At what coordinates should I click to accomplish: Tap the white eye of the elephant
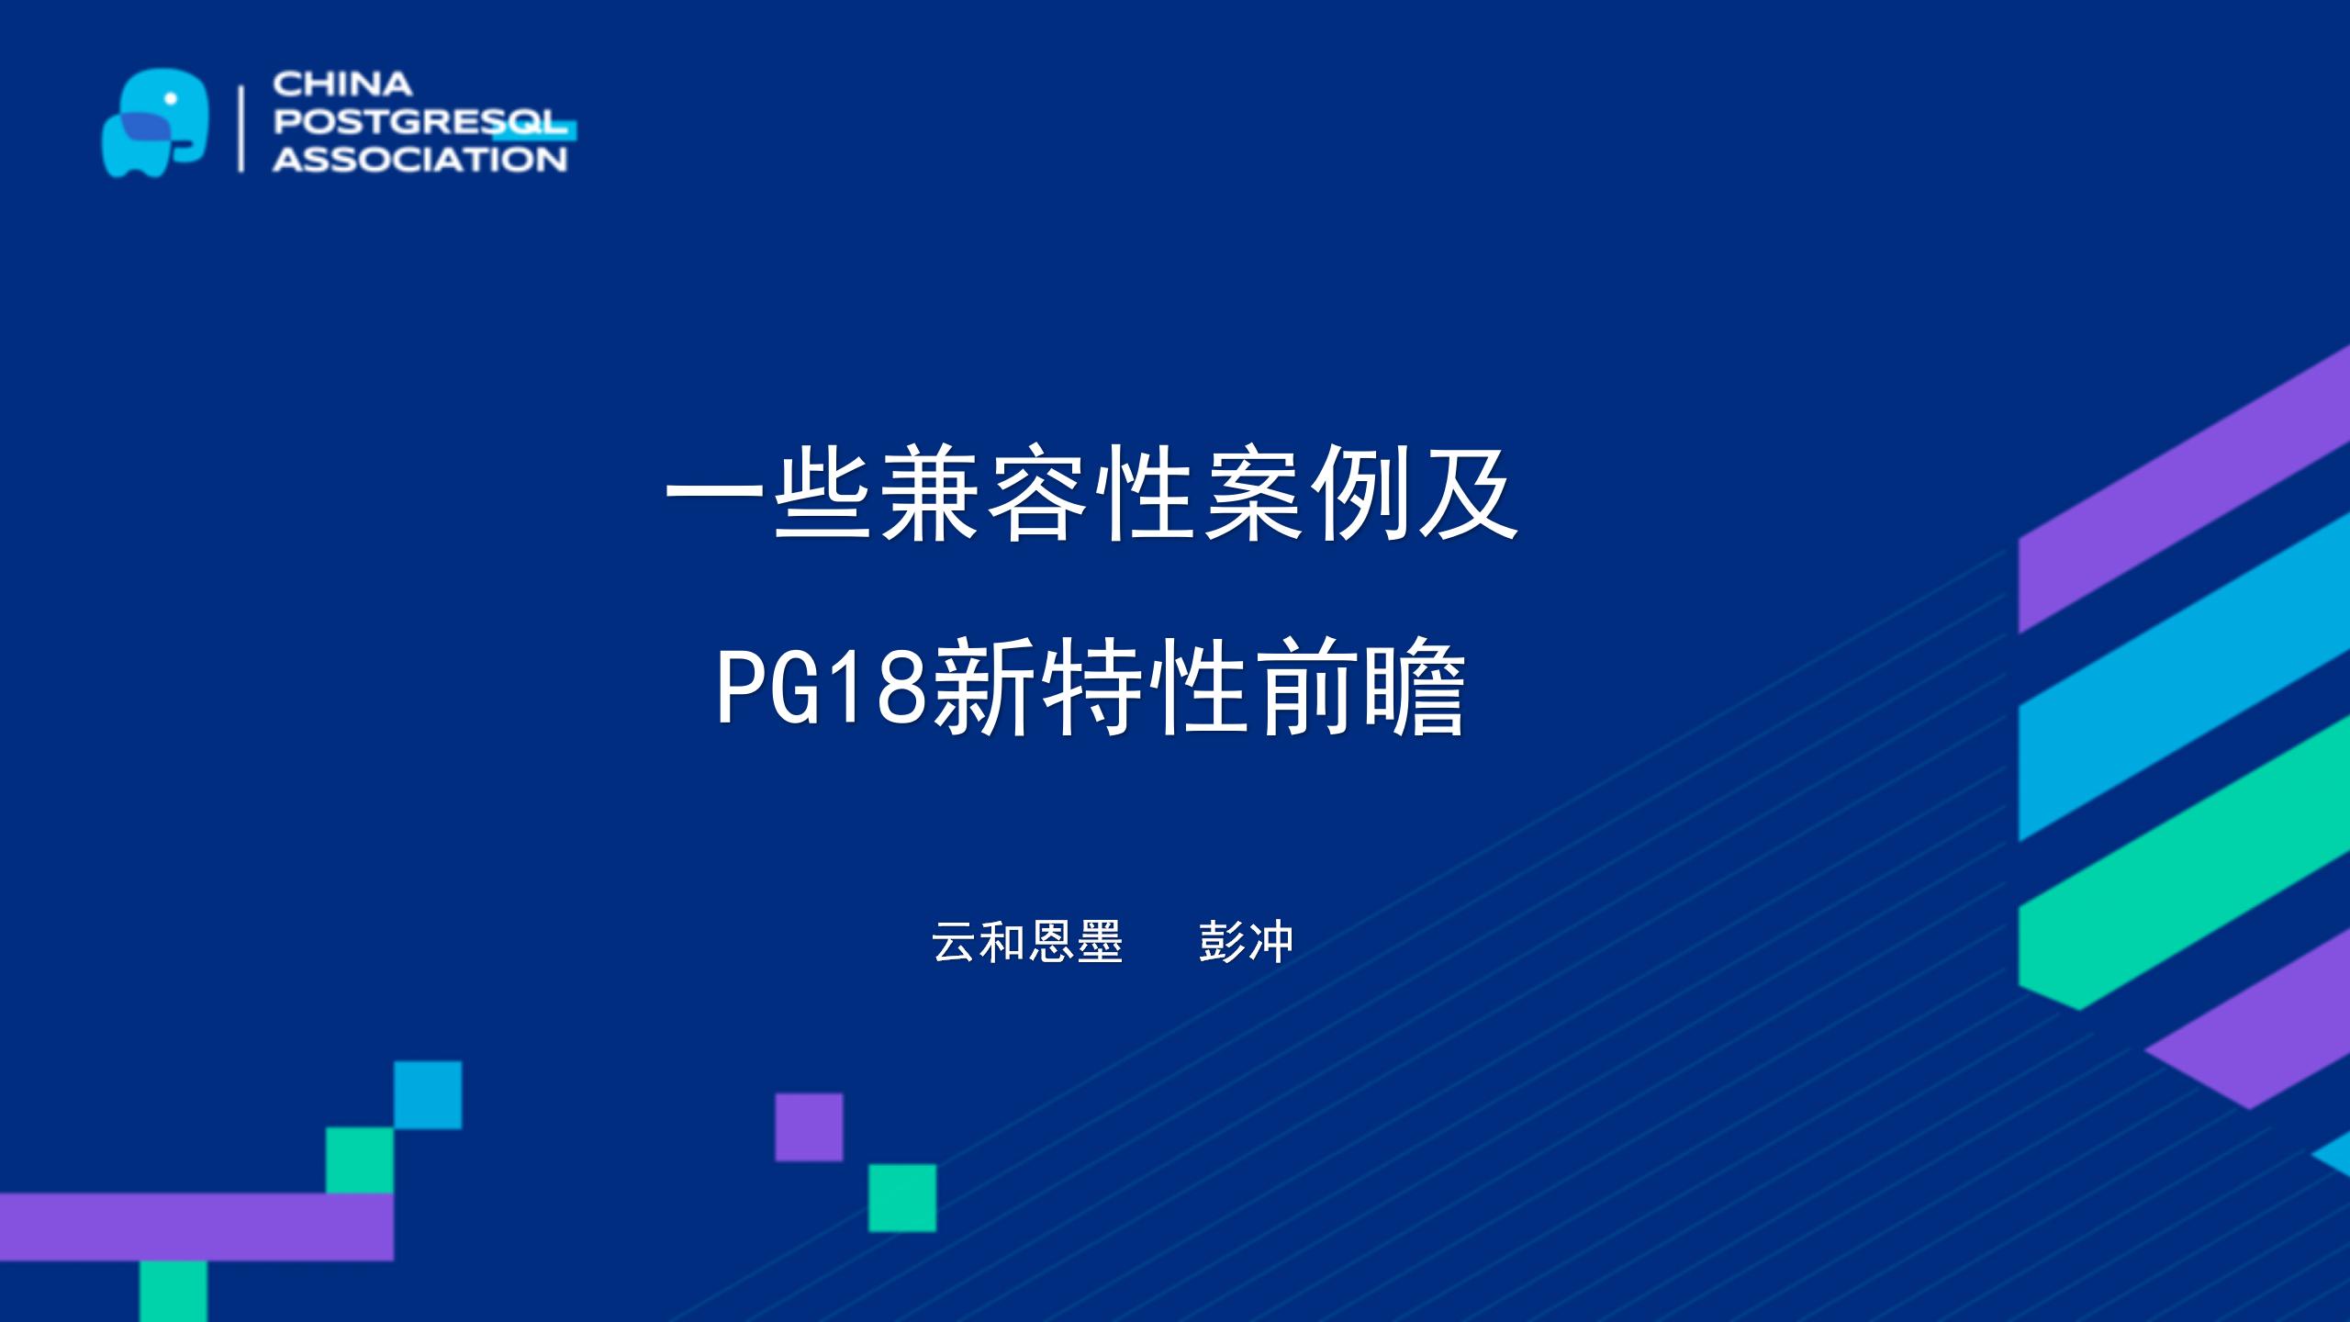[x=170, y=98]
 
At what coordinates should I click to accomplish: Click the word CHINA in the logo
[x=342, y=84]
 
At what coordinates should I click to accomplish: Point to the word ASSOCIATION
[x=420, y=160]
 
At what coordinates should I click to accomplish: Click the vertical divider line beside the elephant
[x=241, y=129]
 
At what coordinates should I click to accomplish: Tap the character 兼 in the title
[x=929, y=493]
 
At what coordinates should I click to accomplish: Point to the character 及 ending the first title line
[x=1470, y=493]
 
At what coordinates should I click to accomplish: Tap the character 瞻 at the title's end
[x=1416, y=687]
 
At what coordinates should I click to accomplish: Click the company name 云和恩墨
[x=1027, y=942]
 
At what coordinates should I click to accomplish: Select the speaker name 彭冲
[x=1247, y=942]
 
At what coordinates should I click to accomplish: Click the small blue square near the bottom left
[x=428, y=1094]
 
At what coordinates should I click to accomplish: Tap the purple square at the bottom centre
[x=809, y=1126]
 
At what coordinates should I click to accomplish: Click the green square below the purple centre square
[x=902, y=1198]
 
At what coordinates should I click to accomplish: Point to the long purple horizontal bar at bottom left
[x=196, y=1227]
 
